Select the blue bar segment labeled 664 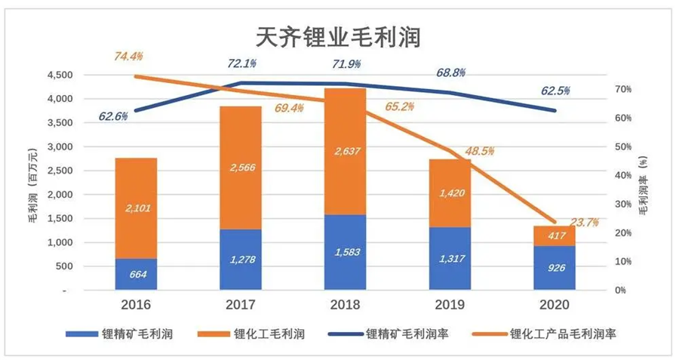pos(136,275)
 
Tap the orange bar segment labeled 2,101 pos(136,208)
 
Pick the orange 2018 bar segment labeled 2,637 pos(346,151)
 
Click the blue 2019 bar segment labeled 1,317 pos(450,259)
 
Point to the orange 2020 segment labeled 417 pos(555,235)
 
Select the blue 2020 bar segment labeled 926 pos(555,268)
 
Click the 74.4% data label pos(128,56)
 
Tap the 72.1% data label pos(241,63)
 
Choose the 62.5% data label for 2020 pos(555,91)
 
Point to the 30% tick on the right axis pos(622,205)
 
